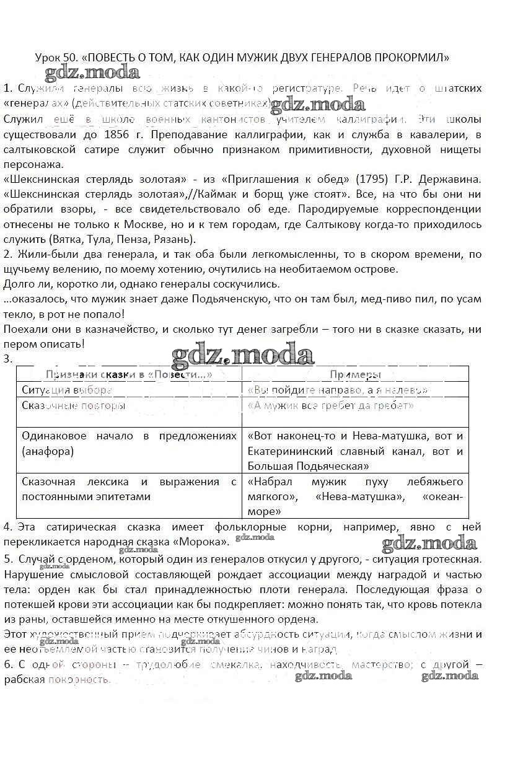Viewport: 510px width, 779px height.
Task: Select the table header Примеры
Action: coord(355,374)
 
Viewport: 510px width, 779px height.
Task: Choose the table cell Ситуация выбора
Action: coord(67,390)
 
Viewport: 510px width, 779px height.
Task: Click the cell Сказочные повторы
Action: coord(73,406)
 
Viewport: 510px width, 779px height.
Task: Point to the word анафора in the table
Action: coord(47,451)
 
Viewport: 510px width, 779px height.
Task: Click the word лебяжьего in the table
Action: coord(434,482)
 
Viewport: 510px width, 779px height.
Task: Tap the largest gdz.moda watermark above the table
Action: coord(243,356)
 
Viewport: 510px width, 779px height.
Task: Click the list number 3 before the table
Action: coord(7,359)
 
